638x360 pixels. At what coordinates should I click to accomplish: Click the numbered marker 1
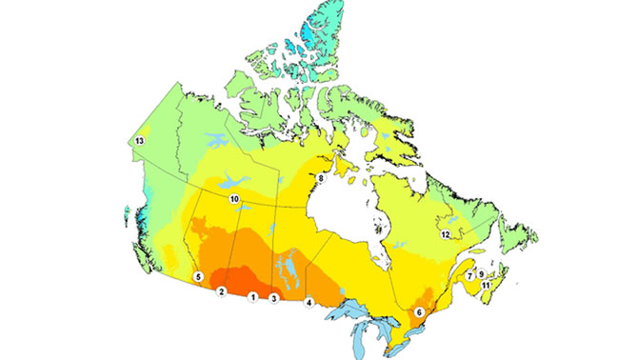[252, 297]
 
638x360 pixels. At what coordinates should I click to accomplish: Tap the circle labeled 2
[221, 291]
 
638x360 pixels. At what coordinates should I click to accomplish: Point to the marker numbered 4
[308, 303]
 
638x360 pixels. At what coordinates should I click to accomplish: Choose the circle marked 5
[198, 276]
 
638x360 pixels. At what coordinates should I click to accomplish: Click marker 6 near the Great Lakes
[420, 312]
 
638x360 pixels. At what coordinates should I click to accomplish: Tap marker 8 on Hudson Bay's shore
[321, 177]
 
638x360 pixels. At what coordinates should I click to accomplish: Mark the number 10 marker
[234, 199]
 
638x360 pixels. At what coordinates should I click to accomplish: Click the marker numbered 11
[486, 285]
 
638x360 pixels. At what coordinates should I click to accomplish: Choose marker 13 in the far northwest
[139, 141]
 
